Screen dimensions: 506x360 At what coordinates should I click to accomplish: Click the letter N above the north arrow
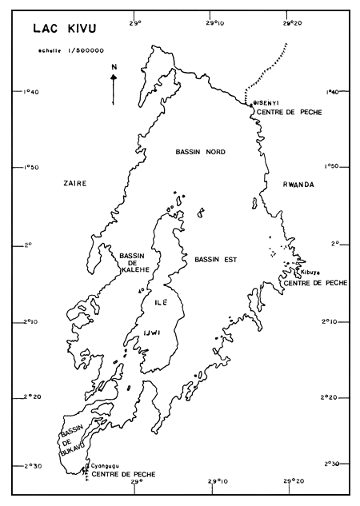pyautogui.click(x=114, y=69)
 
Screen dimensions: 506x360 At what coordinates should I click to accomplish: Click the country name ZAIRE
pyautogui.click(x=74, y=183)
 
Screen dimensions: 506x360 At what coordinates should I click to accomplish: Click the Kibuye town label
pyautogui.click(x=310, y=272)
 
